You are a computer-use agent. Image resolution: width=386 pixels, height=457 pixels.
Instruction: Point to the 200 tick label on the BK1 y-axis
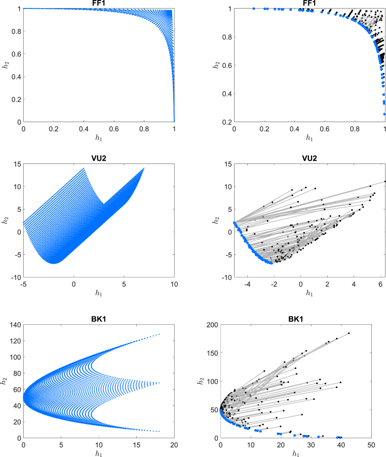pyautogui.click(x=211, y=324)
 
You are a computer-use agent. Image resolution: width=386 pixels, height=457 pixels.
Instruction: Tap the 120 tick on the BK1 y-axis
pyautogui.click(x=14, y=341)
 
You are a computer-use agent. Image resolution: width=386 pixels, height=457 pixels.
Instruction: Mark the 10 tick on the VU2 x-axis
pyautogui.click(x=174, y=284)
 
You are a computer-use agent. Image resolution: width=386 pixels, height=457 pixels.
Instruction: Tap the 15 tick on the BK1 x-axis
pyautogui.click(x=136, y=445)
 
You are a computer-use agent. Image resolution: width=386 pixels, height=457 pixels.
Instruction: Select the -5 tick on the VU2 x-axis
pyautogui.click(x=23, y=284)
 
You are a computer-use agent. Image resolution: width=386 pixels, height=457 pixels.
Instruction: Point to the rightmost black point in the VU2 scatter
pyautogui.click(x=385, y=181)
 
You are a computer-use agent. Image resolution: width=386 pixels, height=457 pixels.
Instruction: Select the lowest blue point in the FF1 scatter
pyautogui.click(x=384, y=114)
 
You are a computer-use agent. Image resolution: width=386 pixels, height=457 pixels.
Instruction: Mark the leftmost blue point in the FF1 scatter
pyautogui.click(x=254, y=9)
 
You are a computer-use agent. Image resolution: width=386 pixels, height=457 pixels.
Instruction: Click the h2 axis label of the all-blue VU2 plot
pyautogui.click(x=6, y=220)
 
